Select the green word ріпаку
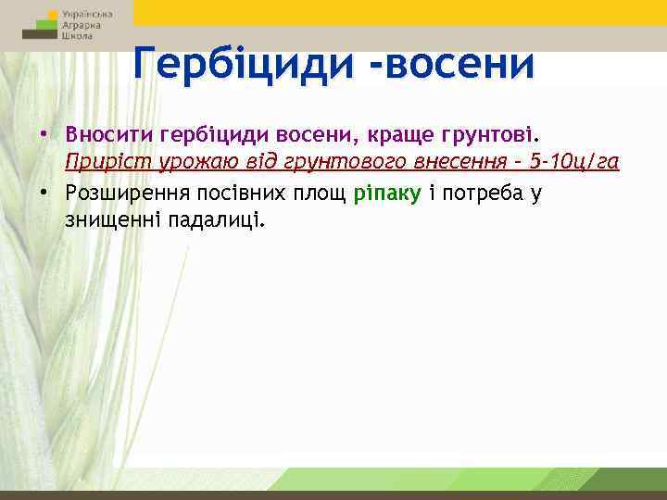pyautogui.click(x=388, y=193)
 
